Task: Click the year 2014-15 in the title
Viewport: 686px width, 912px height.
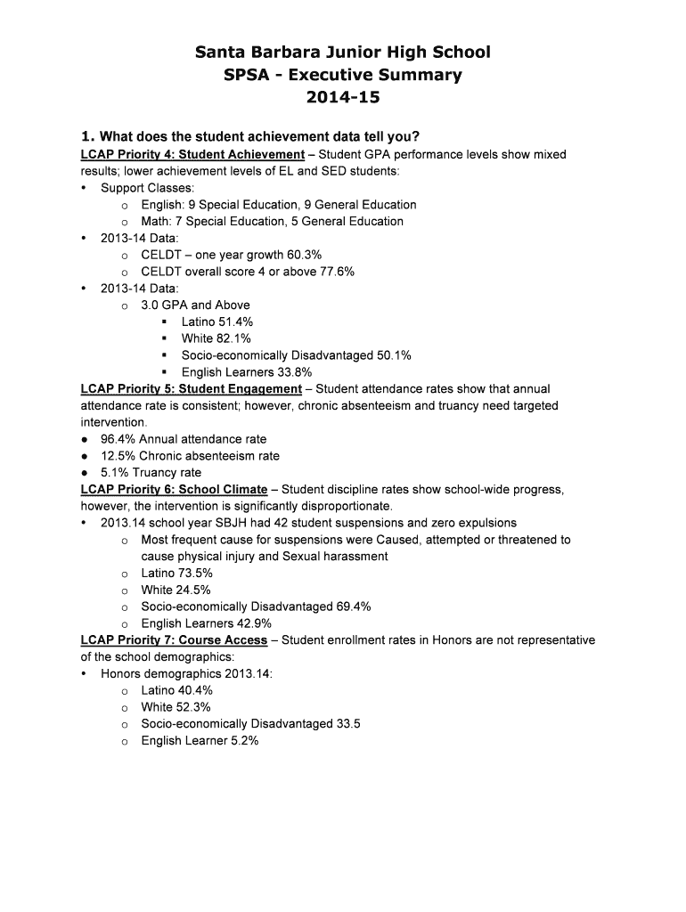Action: click(x=342, y=96)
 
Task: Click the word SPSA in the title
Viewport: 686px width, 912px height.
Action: click(x=247, y=75)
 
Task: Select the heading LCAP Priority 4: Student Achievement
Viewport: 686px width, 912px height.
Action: click(x=192, y=154)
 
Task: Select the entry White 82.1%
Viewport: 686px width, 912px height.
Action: click(x=216, y=338)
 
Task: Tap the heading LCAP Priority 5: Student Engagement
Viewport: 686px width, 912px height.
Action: click(x=191, y=389)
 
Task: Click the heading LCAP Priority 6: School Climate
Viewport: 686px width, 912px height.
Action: click(x=174, y=490)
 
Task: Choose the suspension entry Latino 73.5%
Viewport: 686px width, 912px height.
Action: click(x=176, y=574)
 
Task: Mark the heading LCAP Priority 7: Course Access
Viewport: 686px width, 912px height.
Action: click(x=174, y=640)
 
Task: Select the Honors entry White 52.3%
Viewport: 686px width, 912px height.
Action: click(x=176, y=707)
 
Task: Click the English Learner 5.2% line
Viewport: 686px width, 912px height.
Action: click(x=200, y=741)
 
